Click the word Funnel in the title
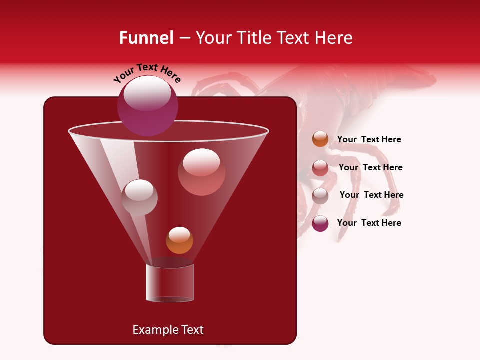[x=146, y=38]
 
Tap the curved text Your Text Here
[x=147, y=73]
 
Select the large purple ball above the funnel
[x=148, y=106]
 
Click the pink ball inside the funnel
[x=201, y=172]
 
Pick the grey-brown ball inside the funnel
[x=139, y=197]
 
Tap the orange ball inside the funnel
[x=179, y=240]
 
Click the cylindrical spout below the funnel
[x=170, y=283]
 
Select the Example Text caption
[x=168, y=330]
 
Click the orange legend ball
[x=320, y=139]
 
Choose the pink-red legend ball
[x=320, y=168]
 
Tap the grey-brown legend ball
[x=320, y=195]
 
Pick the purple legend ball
[x=320, y=223]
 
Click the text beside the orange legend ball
[x=369, y=140]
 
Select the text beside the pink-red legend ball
[x=370, y=168]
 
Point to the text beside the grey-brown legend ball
[x=371, y=195]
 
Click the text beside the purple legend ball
[x=369, y=223]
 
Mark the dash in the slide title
[x=184, y=38]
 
